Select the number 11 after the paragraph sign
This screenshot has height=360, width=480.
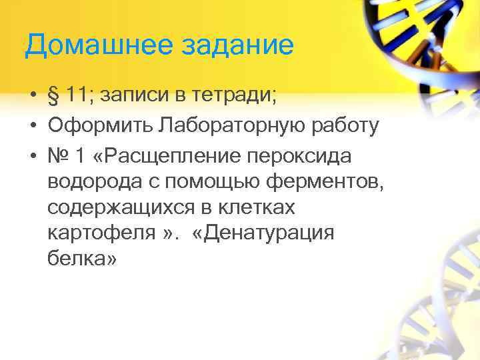[78, 98]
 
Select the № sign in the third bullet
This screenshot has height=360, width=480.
[59, 155]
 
